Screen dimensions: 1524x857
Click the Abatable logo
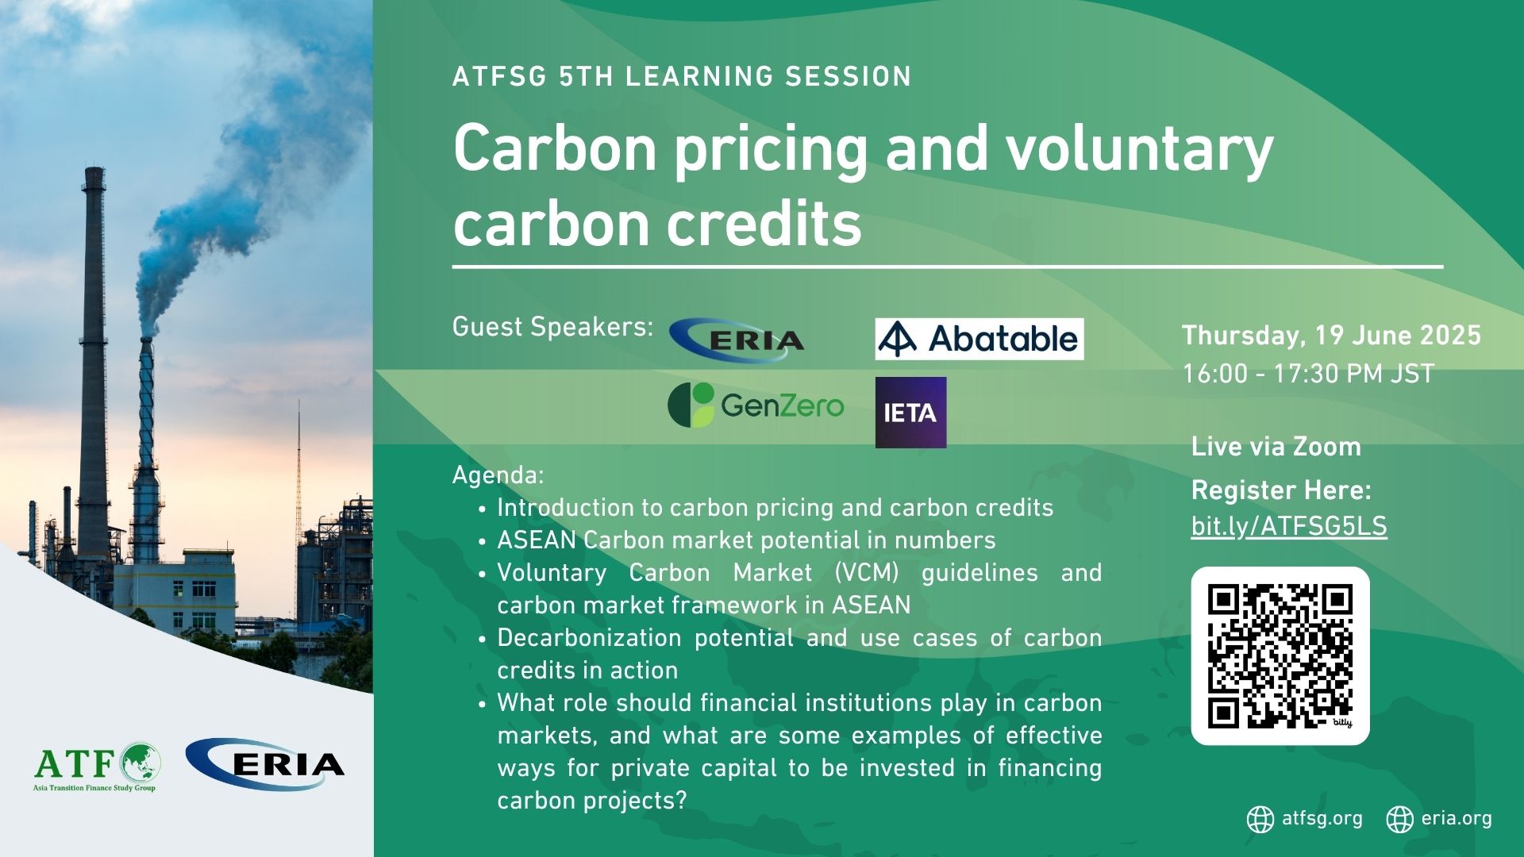coord(979,339)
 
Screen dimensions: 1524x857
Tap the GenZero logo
coord(756,405)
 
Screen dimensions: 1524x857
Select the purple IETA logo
coord(910,413)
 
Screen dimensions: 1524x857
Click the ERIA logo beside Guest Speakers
coord(737,340)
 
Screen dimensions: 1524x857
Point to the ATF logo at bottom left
coord(97,767)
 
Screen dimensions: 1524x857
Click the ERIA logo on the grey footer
coord(264,764)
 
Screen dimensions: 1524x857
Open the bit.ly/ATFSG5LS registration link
coord(1289,527)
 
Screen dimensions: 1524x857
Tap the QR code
coord(1280,656)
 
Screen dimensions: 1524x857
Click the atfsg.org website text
coord(1322,818)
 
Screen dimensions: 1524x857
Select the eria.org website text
coord(1457,818)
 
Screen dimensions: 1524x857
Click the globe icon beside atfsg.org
coord(1260,819)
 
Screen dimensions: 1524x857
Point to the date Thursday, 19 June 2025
coord(1331,336)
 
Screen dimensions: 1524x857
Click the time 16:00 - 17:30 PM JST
coord(1308,374)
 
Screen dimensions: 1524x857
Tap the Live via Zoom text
coord(1276,447)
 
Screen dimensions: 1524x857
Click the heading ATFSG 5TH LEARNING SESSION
coord(682,77)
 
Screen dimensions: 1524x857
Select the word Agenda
coord(498,475)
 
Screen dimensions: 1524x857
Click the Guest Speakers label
coord(552,327)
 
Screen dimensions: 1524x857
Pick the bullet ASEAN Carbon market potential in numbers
coord(746,540)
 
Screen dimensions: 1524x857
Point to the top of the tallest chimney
coord(94,169)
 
